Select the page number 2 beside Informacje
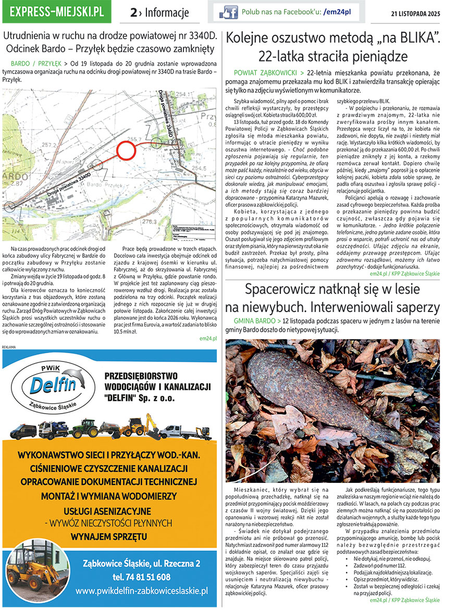click(x=134, y=13)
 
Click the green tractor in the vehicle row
click(x=84, y=428)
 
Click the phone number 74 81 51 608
click(x=141, y=577)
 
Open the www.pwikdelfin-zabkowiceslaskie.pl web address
click(x=141, y=591)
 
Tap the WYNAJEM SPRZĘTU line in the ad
click(x=109, y=537)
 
